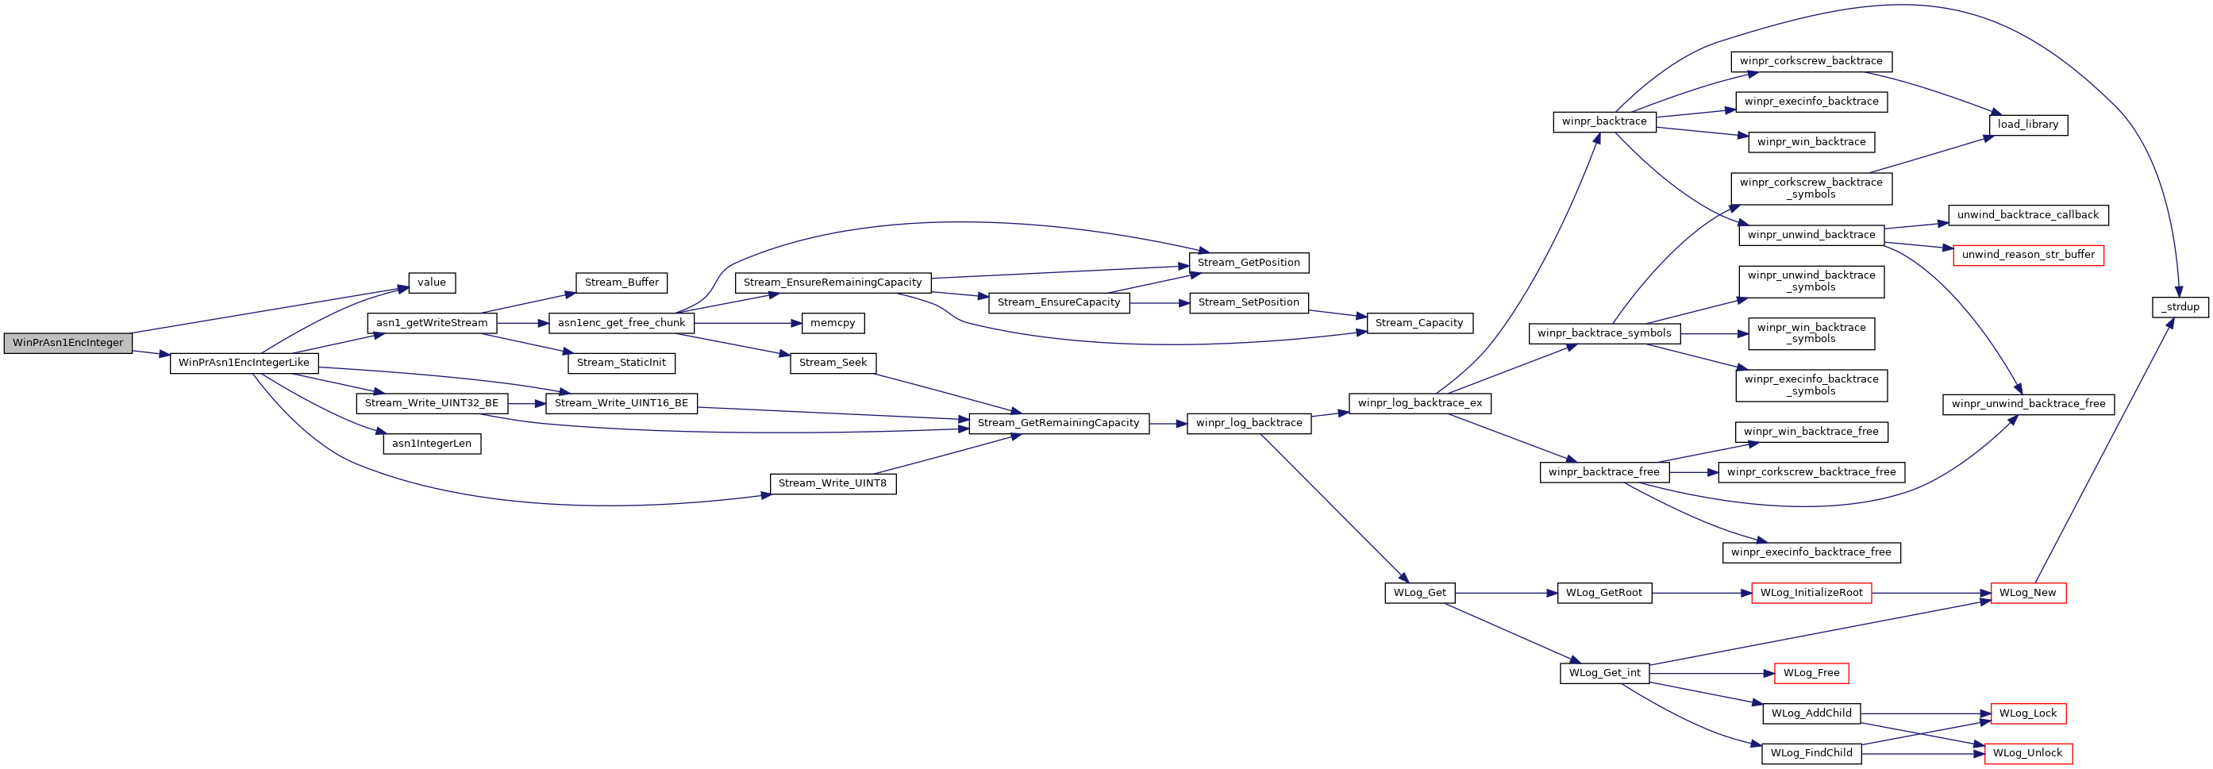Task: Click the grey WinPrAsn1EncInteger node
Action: click(68, 343)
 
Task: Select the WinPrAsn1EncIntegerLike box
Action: click(244, 363)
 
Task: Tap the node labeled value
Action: click(431, 283)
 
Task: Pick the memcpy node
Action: click(833, 323)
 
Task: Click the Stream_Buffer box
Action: click(622, 283)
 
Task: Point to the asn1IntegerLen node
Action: click(431, 444)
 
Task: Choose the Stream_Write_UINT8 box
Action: click(833, 484)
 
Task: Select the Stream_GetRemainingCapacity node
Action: click(1058, 424)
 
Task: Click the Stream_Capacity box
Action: click(1419, 323)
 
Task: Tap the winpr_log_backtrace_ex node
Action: click(1420, 403)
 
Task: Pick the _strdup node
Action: click(2180, 307)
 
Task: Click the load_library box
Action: click(2028, 125)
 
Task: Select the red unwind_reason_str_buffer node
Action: click(2028, 256)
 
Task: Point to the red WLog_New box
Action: click(2027, 593)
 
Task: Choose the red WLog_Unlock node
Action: click(2027, 754)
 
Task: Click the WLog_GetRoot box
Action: click(1604, 593)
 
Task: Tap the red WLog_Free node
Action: click(1811, 674)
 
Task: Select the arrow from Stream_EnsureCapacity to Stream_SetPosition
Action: click(1159, 303)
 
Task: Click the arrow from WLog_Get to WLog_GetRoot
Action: click(1506, 593)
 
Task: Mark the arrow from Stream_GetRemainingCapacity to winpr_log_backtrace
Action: click(1168, 424)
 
